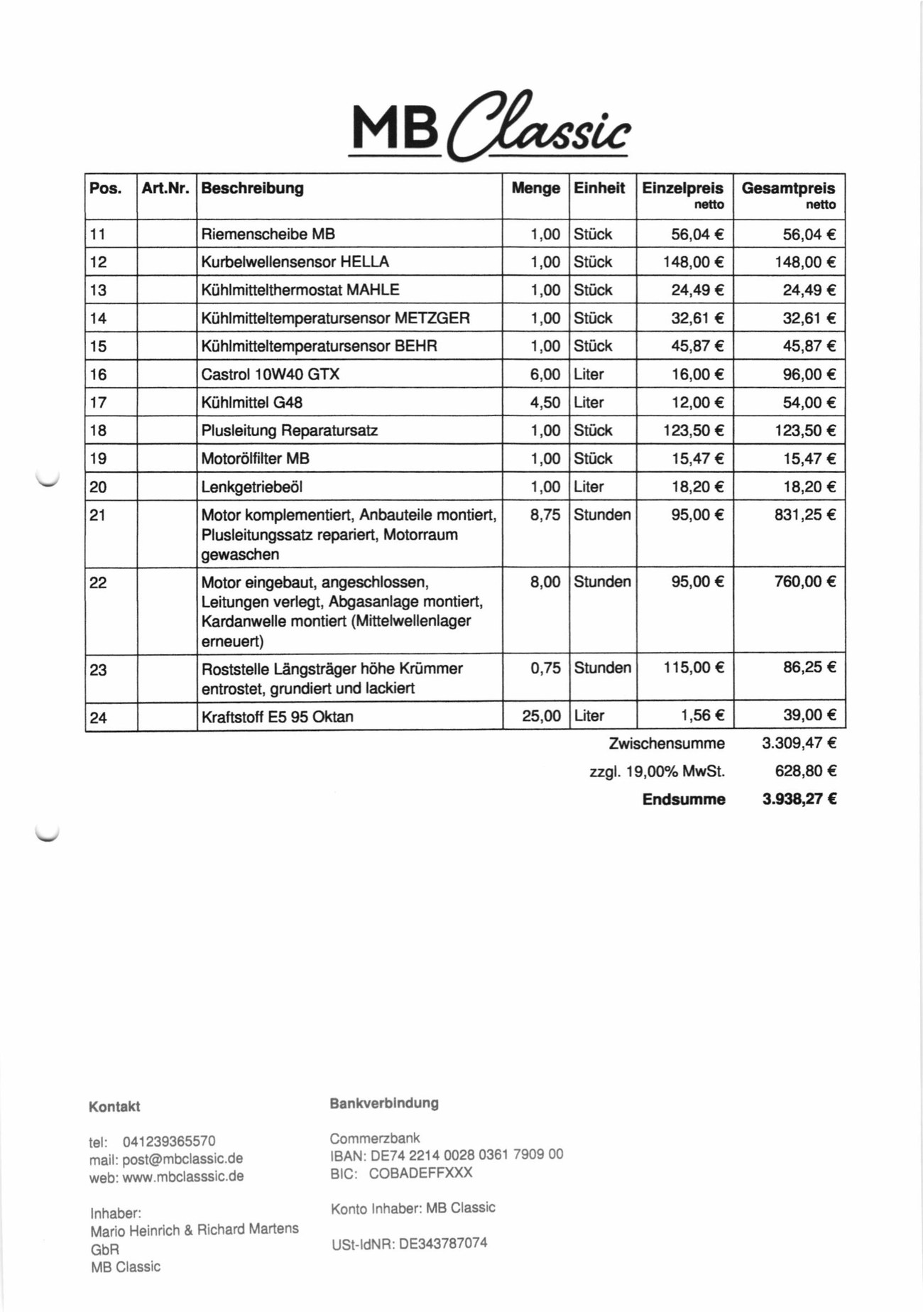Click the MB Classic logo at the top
click(x=490, y=126)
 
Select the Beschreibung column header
click(x=252, y=188)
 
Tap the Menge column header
click(x=535, y=188)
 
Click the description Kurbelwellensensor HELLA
click(x=295, y=262)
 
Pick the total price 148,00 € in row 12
click(x=804, y=262)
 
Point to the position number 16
click(x=98, y=374)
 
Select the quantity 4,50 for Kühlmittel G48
click(x=545, y=403)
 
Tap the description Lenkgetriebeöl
click(x=251, y=487)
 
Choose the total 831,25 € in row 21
click(x=804, y=515)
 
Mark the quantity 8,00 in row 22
click(x=545, y=582)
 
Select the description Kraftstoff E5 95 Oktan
click(x=277, y=717)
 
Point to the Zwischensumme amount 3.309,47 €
click(x=799, y=744)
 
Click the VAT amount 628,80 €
click(x=805, y=771)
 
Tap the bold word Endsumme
click(x=683, y=800)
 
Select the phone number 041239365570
click(x=169, y=1142)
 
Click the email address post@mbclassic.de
click(x=182, y=1159)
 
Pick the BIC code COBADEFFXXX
click(x=420, y=1173)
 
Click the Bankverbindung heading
click(x=383, y=1103)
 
